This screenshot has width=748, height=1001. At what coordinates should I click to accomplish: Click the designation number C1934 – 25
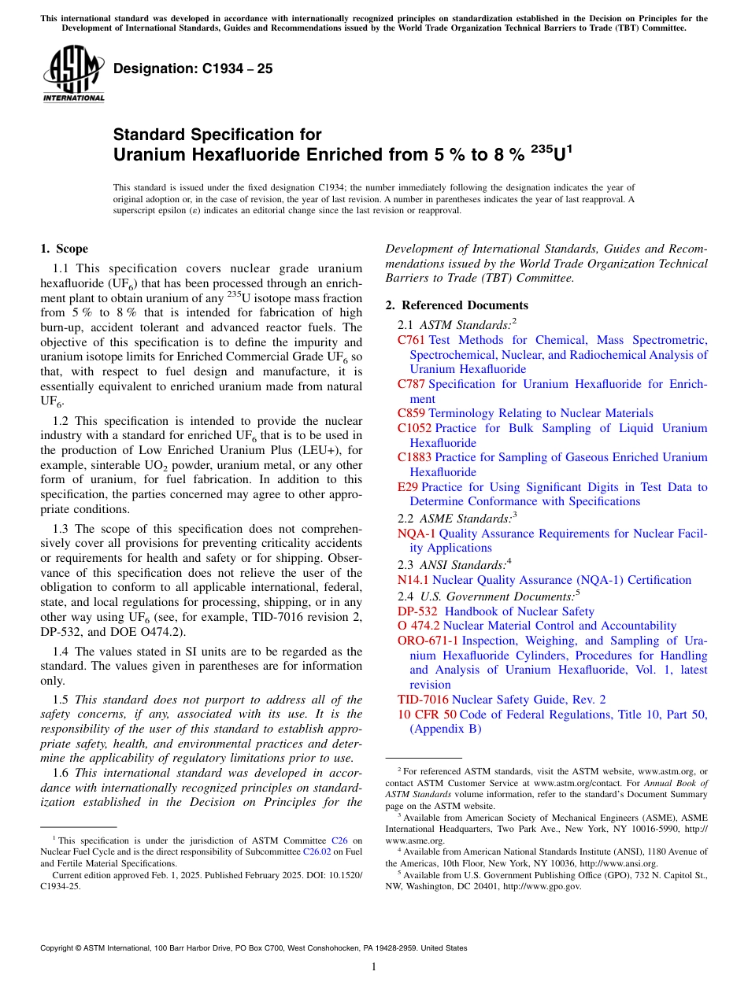coord(193,68)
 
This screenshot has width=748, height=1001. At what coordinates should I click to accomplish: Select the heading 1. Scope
coord(64,249)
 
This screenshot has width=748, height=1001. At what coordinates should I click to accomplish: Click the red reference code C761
coord(411,340)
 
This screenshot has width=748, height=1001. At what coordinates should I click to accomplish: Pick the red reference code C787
coord(411,384)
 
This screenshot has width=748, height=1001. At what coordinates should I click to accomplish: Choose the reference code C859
coord(411,413)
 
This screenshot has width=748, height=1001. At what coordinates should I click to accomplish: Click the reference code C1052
coord(414,428)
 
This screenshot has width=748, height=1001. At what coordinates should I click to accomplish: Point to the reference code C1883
coord(414,457)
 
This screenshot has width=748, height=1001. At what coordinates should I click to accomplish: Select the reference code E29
coord(408,487)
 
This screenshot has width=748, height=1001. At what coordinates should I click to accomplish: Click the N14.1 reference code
coord(413,580)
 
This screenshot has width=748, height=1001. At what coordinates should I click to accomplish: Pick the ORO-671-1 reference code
coord(428,641)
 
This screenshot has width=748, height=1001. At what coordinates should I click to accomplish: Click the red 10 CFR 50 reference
coord(427,715)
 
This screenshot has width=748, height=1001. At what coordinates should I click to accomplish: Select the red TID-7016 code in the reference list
coord(423,700)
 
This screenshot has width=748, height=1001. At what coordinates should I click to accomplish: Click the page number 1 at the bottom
coord(374,966)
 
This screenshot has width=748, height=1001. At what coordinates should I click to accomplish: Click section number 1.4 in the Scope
coord(60,652)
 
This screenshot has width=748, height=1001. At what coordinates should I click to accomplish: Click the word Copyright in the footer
coord(58,948)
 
